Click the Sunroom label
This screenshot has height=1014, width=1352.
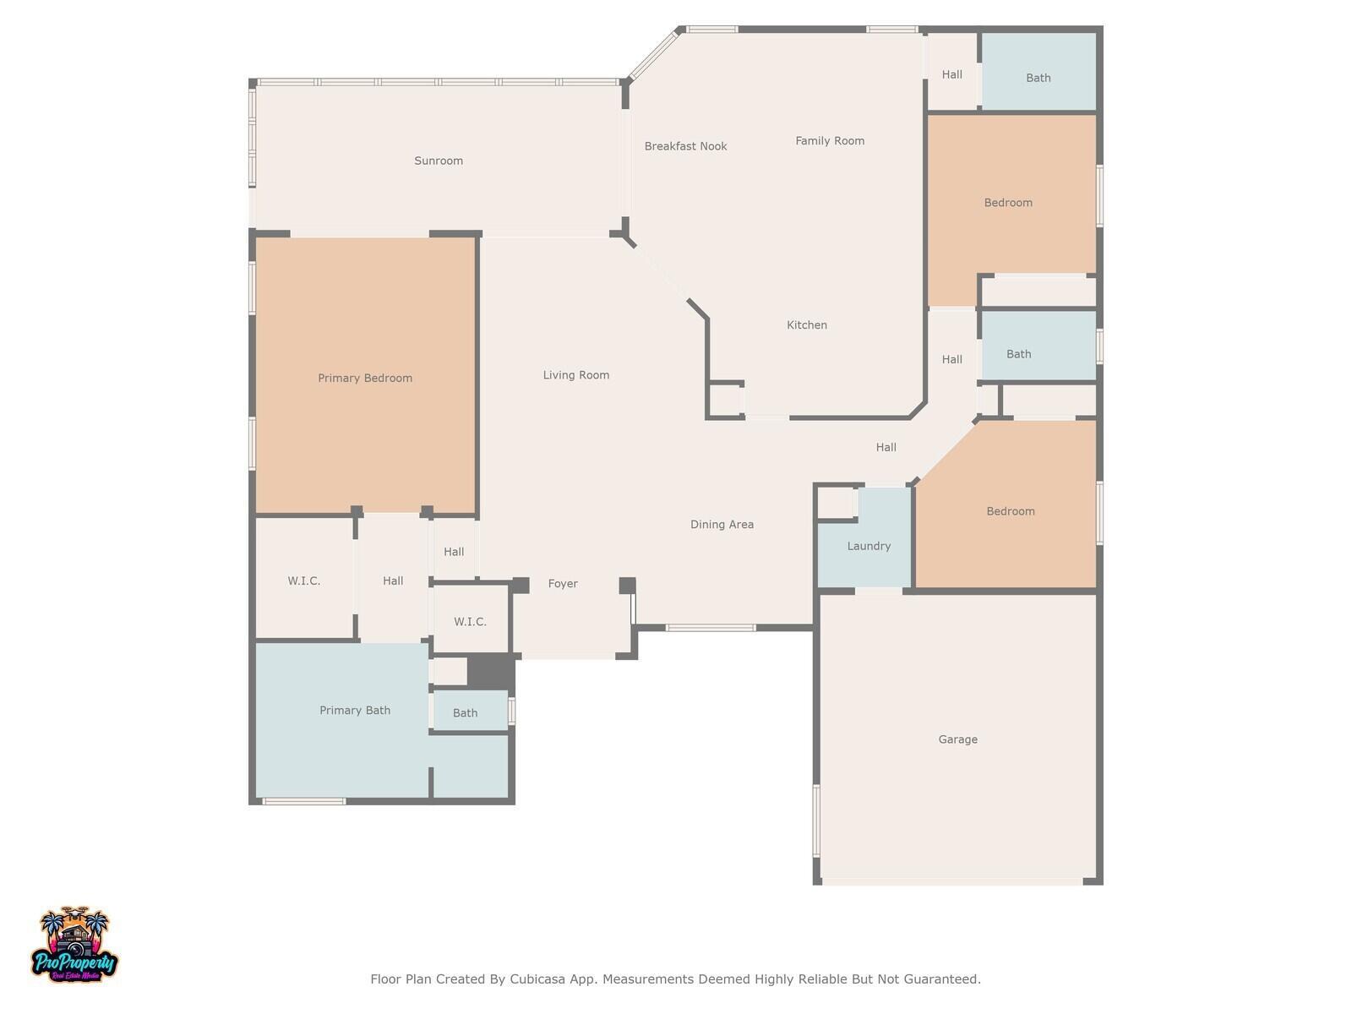(x=438, y=161)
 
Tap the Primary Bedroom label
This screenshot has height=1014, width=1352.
(x=365, y=378)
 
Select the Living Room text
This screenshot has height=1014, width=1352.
(x=576, y=375)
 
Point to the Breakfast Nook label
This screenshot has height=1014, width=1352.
(x=685, y=146)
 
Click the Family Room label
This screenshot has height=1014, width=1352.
(x=830, y=141)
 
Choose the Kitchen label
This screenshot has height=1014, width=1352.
(x=806, y=325)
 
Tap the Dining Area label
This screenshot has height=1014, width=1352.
(x=722, y=525)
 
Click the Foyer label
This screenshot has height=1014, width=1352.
(x=563, y=584)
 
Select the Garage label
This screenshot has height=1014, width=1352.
(x=957, y=739)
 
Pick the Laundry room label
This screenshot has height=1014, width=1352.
(x=869, y=546)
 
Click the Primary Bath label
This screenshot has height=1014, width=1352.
(x=355, y=711)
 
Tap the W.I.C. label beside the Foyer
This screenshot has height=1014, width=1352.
(x=470, y=622)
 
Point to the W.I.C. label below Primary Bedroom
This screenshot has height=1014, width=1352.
(x=303, y=581)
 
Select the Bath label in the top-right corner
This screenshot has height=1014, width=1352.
(x=1038, y=79)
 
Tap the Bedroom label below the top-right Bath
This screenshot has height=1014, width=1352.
(x=1008, y=203)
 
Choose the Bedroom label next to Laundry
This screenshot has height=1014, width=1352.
(x=1010, y=511)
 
